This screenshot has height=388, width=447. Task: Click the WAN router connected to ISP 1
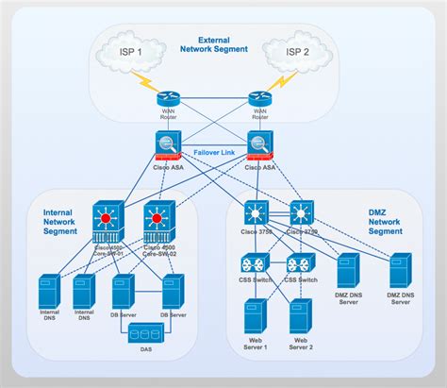click(168, 99)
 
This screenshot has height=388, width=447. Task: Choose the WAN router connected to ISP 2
click(258, 99)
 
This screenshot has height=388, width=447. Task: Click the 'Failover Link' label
click(213, 151)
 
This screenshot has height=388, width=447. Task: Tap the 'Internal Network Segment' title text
click(59, 221)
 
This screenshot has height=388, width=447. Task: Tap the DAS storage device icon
click(146, 335)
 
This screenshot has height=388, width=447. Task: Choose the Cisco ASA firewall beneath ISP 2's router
click(259, 144)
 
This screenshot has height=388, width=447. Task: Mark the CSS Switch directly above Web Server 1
click(255, 265)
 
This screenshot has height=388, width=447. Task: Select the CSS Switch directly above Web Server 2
click(299, 265)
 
